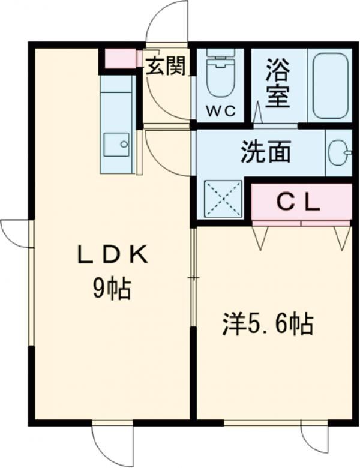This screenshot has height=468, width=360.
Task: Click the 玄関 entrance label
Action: point(166,66)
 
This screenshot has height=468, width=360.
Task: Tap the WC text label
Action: point(221,112)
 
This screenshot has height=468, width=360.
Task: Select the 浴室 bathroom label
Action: point(278,83)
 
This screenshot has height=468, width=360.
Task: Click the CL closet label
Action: point(299,203)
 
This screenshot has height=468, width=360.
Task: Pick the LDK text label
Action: point(113,254)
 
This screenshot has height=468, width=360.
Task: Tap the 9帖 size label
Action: point(112,289)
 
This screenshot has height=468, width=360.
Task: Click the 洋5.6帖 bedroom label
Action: point(268,324)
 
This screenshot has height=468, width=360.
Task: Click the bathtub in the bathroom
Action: point(331,85)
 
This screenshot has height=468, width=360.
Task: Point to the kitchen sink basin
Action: point(116,144)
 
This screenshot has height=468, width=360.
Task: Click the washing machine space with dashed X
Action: point(223,199)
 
